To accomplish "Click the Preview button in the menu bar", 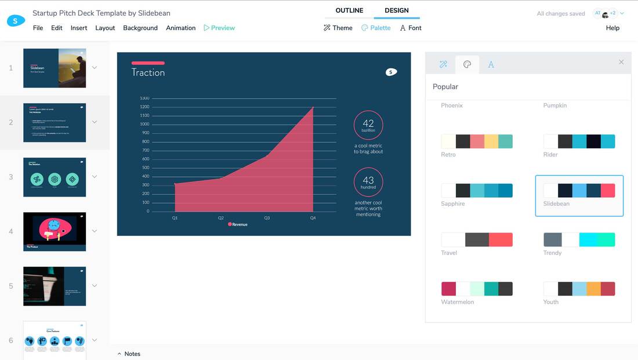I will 219,28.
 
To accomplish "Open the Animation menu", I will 180,28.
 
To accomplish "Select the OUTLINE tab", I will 349,10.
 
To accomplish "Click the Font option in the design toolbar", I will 411,28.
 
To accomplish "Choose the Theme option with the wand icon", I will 338,28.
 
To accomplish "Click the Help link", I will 612,28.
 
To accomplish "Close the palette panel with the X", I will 621,62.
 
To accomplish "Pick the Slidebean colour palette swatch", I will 579,191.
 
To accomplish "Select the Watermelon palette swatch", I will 477,289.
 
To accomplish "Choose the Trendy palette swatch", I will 579,239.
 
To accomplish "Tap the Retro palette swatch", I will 477,141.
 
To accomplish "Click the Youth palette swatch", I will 579,289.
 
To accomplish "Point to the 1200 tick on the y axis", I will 144,107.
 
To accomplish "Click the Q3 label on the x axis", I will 267,218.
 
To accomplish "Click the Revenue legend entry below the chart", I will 238,224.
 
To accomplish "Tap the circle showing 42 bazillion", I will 368,125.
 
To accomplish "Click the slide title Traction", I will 148,72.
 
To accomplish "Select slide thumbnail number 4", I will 55,231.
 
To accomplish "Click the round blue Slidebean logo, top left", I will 16,21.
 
